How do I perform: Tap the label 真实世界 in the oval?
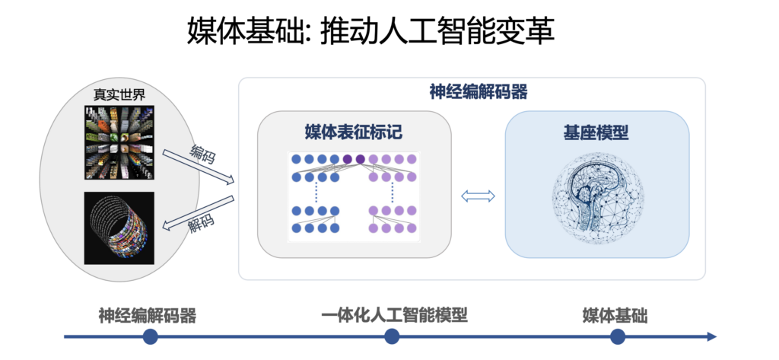click(119, 96)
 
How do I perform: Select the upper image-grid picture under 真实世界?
click(119, 142)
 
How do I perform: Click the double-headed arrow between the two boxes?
click(479, 196)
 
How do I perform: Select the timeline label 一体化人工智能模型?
click(393, 315)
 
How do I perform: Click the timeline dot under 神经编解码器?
click(150, 336)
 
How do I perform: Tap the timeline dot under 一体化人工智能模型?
click(392, 336)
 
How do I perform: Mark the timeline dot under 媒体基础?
click(617, 336)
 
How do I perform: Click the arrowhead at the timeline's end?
click(711, 336)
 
